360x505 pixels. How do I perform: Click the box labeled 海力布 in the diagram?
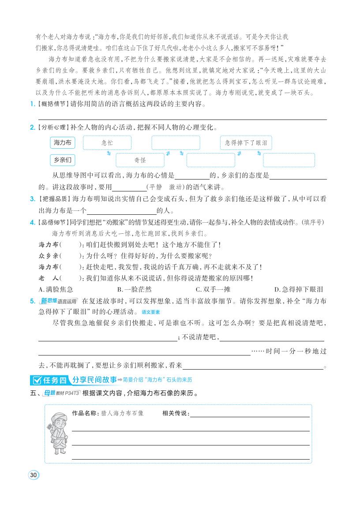coord(62,142)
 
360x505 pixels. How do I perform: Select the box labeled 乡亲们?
coord(62,160)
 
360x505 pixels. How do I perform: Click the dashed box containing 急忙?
coord(107,143)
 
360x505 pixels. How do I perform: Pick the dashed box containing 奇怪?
coord(140,160)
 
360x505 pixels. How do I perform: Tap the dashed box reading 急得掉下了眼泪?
coord(246,143)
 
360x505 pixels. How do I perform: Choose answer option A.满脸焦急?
coord(56,289)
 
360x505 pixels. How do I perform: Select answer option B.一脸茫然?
coord(134,289)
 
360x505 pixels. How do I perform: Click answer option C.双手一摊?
coord(213,289)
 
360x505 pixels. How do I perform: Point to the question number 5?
coord(32,301)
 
